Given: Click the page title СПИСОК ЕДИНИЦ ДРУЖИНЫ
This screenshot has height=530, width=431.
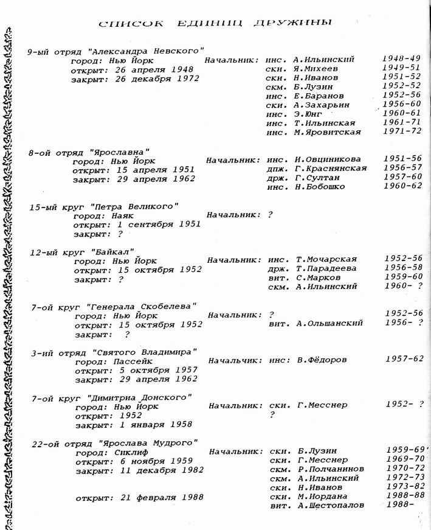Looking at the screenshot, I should point(215,23).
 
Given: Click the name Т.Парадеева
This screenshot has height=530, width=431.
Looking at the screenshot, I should point(326,268).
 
